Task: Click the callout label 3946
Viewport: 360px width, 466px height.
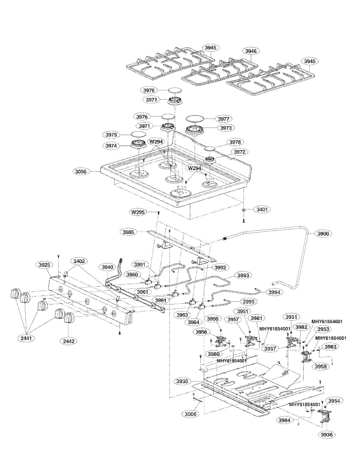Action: click(251, 51)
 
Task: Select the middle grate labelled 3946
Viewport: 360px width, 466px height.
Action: click(220, 71)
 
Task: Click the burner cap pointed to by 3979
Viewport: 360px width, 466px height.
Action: click(137, 134)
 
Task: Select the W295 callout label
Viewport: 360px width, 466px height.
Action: click(139, 212)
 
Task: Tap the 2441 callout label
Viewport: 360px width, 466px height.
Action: click(27, 338)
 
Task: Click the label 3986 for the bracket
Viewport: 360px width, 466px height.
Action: click(129, 232)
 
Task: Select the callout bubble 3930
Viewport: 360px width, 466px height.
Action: click(182, 381)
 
